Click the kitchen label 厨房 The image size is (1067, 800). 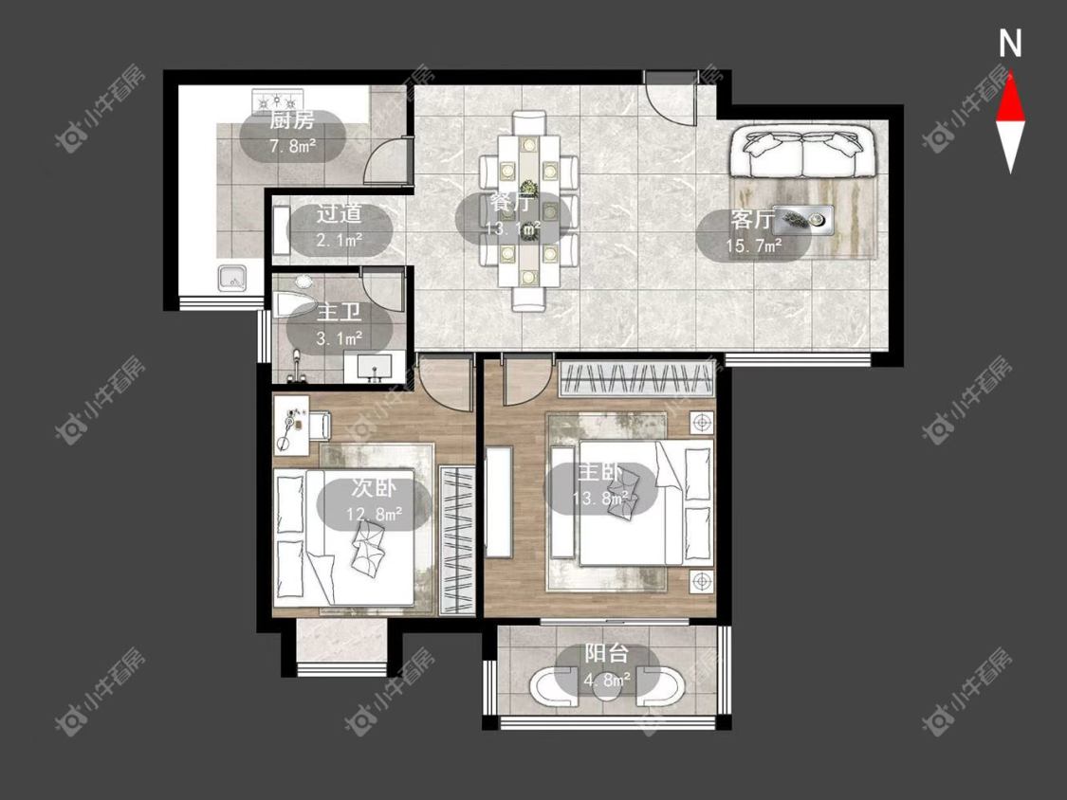click(x=292, y=121)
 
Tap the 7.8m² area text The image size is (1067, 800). click(x=293, y=145)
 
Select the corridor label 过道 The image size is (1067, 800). click(x=339, y=214)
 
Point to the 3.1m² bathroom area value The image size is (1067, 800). click(x=339, y=337)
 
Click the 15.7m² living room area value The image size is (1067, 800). click(x=753, y=245)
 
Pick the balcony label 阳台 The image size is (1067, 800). click(x=606, y=654)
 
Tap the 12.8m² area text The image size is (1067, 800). click(x=374, y=513)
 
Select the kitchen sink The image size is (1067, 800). click(x=232, y=278)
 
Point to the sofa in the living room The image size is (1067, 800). click(x=800, y=153)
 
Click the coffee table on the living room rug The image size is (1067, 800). click(x=803, y=219)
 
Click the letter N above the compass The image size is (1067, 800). click(x=1010, y=44)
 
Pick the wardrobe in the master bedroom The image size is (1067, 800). click(x=637, y=379)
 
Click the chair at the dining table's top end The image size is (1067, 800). click(x=528, y=122)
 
